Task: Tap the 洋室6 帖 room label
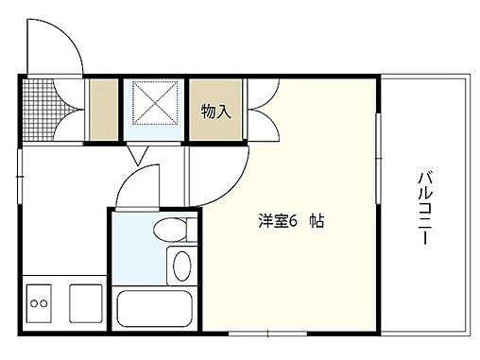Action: click(293, 222)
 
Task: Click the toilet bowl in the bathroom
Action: click(170, 230)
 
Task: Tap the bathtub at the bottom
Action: click(154, 309)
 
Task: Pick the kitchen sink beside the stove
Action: click(85, 302)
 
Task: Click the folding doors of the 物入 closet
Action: click(261, 111)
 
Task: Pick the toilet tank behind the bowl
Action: click(191, 230)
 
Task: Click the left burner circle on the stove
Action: click(33, 304)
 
